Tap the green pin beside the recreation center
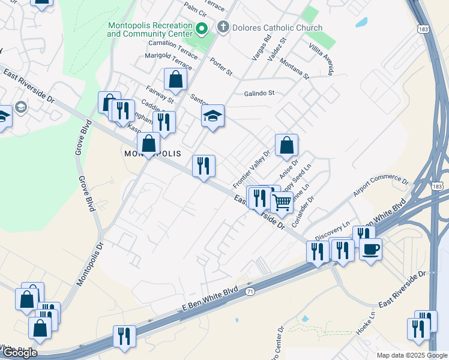pos(202,28)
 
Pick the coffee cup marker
pos(370,248)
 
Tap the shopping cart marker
pos(282,202)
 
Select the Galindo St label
pos(259,93)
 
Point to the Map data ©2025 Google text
pos(411,355)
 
